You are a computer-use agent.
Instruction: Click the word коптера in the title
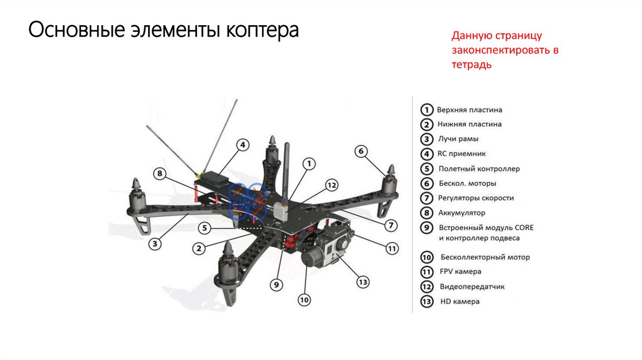coord(263,30)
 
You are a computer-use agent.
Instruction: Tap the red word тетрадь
coord(471,65)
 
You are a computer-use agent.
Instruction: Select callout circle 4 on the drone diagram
coord(243,145)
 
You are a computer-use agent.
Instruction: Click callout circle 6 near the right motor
coord(360,151)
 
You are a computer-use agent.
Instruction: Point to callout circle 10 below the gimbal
coord(304,300)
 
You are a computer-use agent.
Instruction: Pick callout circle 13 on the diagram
coord(363,282)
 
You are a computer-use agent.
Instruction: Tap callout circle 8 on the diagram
coord(160,174)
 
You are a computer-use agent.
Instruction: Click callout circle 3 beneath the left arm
coord(154,244)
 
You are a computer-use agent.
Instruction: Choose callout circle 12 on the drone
coord(332,185)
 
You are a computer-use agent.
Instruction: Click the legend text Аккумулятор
coord(461,213)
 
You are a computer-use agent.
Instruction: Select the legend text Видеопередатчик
coord(472,287)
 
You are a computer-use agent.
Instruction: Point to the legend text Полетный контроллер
coord(479,169)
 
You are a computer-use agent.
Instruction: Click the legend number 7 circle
coord(426,198)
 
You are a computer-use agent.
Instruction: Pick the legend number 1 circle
coord(426,110)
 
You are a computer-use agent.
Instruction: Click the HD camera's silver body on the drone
coord(337,247)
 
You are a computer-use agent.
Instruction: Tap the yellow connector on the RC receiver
coord(199,175)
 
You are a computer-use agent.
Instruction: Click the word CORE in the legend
coord(524,228)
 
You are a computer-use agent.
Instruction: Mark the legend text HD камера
coord(460,302)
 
